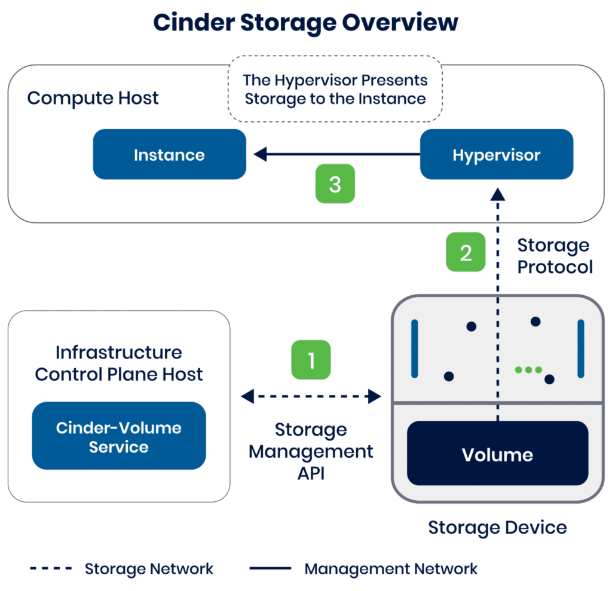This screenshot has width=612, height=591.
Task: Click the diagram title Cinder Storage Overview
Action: (305, 23)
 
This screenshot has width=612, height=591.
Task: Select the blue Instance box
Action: (169, 155)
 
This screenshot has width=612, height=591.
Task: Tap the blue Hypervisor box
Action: (496, 155)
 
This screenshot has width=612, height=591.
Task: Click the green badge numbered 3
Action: (335, 184)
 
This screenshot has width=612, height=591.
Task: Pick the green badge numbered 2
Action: (466, 252)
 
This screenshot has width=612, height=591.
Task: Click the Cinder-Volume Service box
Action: (119, 437)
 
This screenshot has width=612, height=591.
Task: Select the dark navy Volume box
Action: (497, 454)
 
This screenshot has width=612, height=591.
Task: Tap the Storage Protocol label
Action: (554, 256)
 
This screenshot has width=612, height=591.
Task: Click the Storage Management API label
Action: (311, 451)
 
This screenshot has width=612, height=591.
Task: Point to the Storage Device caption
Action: (497, 527)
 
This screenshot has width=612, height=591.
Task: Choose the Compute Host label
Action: (93, 98)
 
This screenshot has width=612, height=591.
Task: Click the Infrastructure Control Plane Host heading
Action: (119, 363)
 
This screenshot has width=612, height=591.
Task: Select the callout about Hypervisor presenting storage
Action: (335, 89)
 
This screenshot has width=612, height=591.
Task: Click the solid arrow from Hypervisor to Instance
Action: (335, 155)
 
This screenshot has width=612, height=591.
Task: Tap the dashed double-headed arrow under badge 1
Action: (311, 395)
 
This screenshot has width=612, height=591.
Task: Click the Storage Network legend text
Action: (149, 568)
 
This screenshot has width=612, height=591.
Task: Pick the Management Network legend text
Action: (391, 568)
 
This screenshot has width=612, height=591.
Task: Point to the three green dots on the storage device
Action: (528, 370)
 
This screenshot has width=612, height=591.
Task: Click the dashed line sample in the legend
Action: (51, 568)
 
